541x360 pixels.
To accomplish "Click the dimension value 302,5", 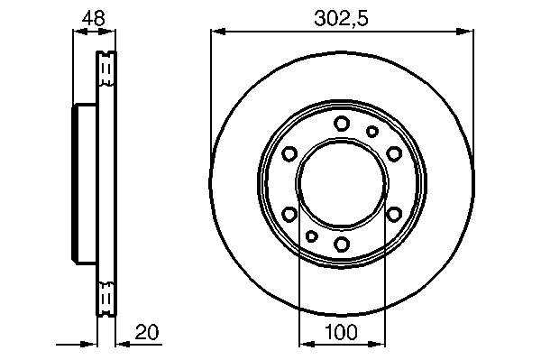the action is [341, 18].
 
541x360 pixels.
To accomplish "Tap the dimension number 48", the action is [93, 18].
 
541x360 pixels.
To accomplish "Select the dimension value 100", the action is [341, 332].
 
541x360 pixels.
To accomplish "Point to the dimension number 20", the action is [147, 332].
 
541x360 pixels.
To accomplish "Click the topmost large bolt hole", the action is [342, 124].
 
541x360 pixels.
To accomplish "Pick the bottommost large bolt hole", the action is [342, 244].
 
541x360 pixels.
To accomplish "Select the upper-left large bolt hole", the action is [289, 153].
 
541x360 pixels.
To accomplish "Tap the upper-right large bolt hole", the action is [394, 153].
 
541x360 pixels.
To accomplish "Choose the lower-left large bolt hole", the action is [289, 214].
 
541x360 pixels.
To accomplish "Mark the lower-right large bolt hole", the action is [394, 214].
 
